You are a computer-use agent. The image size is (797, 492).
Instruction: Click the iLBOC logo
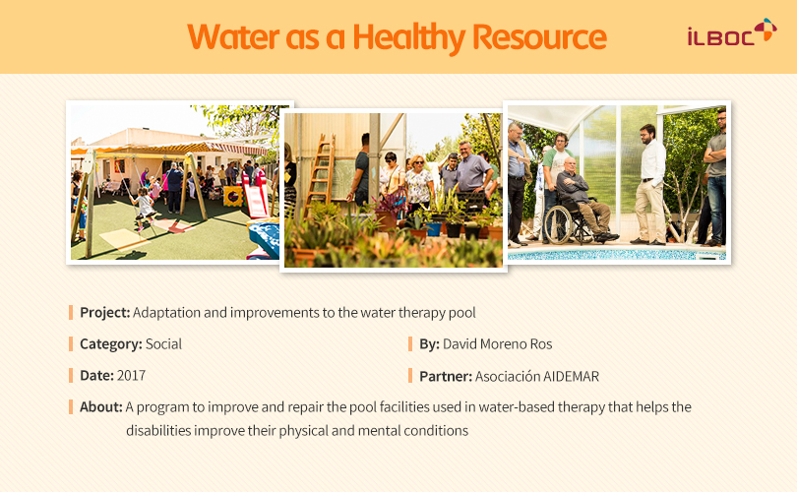(732, 32)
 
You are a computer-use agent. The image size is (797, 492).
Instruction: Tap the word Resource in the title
(539, 37)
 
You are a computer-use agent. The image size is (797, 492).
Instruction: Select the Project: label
(105, 313)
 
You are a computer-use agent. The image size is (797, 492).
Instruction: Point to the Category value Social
(163, 344)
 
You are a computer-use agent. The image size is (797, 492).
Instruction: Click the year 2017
(131, 376)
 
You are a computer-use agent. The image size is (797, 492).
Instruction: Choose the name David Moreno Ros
(497, 344)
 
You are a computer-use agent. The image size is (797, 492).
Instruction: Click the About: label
(101, 407)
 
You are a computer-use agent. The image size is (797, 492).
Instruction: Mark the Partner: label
(446, 376)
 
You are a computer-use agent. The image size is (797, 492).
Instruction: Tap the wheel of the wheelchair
(558, 224)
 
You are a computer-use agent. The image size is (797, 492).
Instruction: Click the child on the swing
(143, 207)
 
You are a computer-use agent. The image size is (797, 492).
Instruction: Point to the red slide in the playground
(255, 196)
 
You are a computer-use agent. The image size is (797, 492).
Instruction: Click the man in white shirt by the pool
(650, 184)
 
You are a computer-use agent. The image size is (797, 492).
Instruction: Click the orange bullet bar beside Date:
(71, 376)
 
